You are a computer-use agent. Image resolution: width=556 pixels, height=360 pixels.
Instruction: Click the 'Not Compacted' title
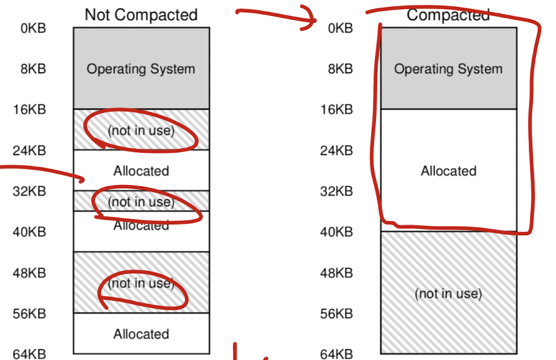click(141, 14)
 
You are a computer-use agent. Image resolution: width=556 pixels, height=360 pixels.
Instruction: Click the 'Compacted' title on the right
click(448, 14)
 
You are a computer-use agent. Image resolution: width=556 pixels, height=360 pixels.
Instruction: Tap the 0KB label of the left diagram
click(34, 28)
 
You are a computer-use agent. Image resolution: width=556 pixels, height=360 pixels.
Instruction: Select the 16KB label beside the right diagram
click(337, 109)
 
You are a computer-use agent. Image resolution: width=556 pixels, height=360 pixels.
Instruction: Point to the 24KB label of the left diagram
click(29, 151)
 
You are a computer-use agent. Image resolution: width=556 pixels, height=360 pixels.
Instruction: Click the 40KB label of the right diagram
click(337, 232)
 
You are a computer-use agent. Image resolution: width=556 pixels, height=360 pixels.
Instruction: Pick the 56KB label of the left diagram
click(29, 314)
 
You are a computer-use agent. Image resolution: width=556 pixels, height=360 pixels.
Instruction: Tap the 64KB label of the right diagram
click(337, 354)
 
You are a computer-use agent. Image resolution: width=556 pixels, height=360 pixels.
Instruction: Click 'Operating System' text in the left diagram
click(141, 69)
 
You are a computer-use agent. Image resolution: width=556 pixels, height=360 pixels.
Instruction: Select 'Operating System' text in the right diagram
click(448, 69)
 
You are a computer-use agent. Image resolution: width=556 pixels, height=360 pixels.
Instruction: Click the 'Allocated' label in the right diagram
click(448, 171)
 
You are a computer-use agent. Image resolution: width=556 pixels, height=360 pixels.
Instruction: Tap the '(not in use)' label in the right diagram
click(448, 293)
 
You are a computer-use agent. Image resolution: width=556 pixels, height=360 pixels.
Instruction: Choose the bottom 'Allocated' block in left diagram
click(141, 334)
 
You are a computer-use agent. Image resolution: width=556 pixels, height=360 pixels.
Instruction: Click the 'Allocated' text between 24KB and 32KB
click(141, 171)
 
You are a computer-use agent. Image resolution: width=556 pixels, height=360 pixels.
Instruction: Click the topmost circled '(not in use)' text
click(141, 130)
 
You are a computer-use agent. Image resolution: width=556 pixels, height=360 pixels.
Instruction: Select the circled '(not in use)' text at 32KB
click(141, 202)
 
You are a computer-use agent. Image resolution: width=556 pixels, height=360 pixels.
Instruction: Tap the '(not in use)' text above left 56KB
click(141, 283)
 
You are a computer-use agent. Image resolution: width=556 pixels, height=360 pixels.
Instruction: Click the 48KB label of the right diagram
click(337, 273)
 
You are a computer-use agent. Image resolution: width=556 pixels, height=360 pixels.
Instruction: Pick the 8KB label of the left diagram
click(34, 69)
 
